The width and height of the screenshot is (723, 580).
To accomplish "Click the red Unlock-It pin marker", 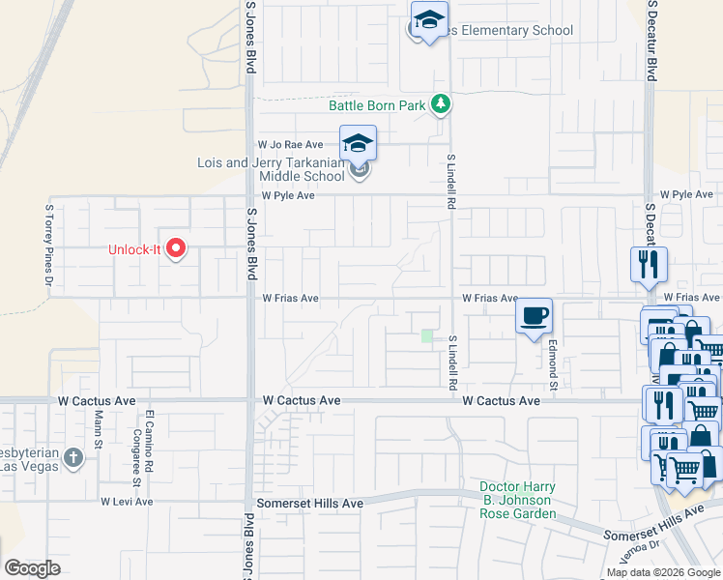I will pos(176,249).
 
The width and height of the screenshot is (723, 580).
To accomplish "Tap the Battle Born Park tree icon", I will pos(441,104).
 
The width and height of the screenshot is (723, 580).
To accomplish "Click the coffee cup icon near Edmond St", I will pos(534,316).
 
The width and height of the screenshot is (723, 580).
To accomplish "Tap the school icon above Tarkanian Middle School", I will pos(358,144).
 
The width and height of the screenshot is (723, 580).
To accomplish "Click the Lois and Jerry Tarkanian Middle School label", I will pos(271,169).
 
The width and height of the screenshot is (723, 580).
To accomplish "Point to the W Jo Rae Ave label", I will pos(290,144).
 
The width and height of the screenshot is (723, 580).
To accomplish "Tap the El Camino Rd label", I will pos(150,437).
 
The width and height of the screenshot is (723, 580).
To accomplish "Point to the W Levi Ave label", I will pos(127,502).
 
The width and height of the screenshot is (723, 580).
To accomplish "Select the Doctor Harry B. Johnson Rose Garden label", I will pos(516,500).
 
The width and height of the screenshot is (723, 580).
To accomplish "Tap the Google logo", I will pos(32,568).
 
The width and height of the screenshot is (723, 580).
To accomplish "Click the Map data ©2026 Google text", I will pos(662,572).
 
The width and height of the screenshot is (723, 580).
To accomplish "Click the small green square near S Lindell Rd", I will pos(427,335).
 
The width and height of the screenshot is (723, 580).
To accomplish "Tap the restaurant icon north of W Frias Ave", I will pos(649,263).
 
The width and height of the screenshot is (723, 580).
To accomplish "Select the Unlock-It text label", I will pos(133,249).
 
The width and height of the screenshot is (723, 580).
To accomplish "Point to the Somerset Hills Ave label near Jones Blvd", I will pos(309,504).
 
